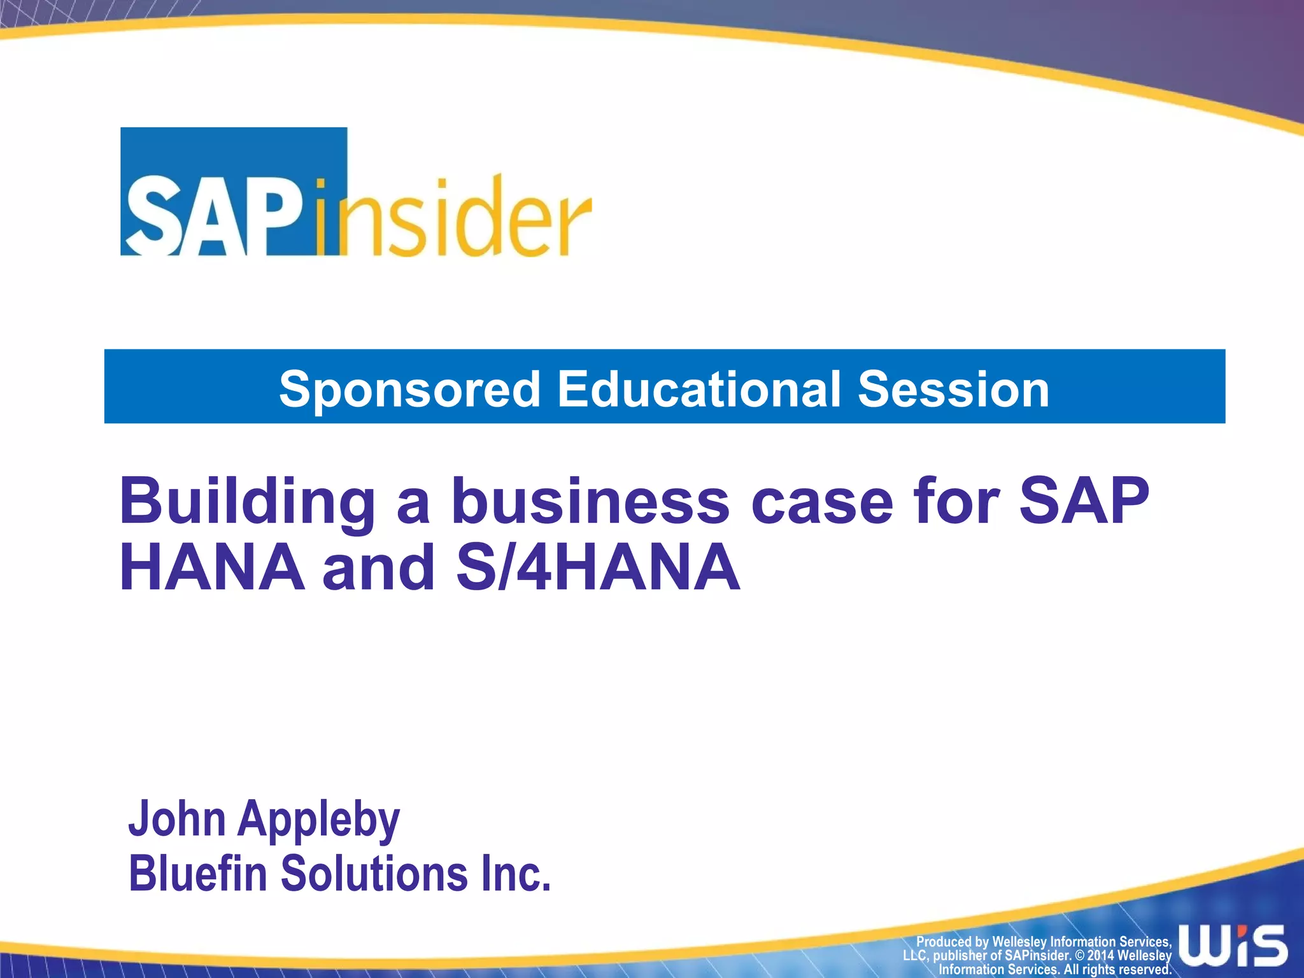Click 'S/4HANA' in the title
[x=598, y=567]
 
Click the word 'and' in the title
[x=379, y=567]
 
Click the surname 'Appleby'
[x=318, y=820]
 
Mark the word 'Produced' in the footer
[x=944, y=942]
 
